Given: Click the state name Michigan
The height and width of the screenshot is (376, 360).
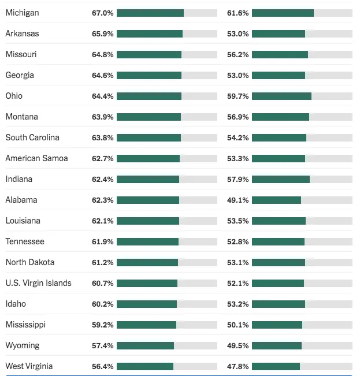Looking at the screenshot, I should pos(23,13).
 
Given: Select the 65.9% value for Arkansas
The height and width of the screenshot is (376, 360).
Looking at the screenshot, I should pos(103,33).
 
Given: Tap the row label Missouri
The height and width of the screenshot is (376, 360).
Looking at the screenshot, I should pos(21,54).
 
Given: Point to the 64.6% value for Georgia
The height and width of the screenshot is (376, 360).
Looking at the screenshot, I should pos(103,75).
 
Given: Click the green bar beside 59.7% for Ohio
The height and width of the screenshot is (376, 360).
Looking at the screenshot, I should pos(281,96).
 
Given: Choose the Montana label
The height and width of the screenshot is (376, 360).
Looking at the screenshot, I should pos(22,117).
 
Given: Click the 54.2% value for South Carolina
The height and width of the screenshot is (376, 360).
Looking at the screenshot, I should pos(238,137).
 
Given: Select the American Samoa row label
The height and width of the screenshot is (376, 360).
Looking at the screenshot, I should pos(36,158).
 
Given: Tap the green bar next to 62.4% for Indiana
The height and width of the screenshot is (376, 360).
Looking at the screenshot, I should pos(148,179).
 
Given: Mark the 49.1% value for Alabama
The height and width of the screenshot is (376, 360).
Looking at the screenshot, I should pos(238,200).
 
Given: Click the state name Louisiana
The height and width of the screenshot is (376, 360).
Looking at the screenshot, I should pos(24,221).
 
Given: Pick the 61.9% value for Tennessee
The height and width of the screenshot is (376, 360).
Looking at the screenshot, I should pos(103,241).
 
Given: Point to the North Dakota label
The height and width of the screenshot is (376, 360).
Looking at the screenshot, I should pos(30,262).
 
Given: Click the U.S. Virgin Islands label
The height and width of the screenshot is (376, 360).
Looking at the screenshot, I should pos(39,283).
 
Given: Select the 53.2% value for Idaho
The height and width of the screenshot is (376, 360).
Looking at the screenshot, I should pos(238,304).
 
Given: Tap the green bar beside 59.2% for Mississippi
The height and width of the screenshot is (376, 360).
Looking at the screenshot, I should pos(146,325).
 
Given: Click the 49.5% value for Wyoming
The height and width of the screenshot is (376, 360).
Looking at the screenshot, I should pos(238,345).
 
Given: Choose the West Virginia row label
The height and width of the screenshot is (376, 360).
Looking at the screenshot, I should pos(29,366).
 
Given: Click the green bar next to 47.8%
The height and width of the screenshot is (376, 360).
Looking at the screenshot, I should pos(276,366).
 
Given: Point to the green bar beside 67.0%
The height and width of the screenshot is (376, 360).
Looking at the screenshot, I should pos(150,13).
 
